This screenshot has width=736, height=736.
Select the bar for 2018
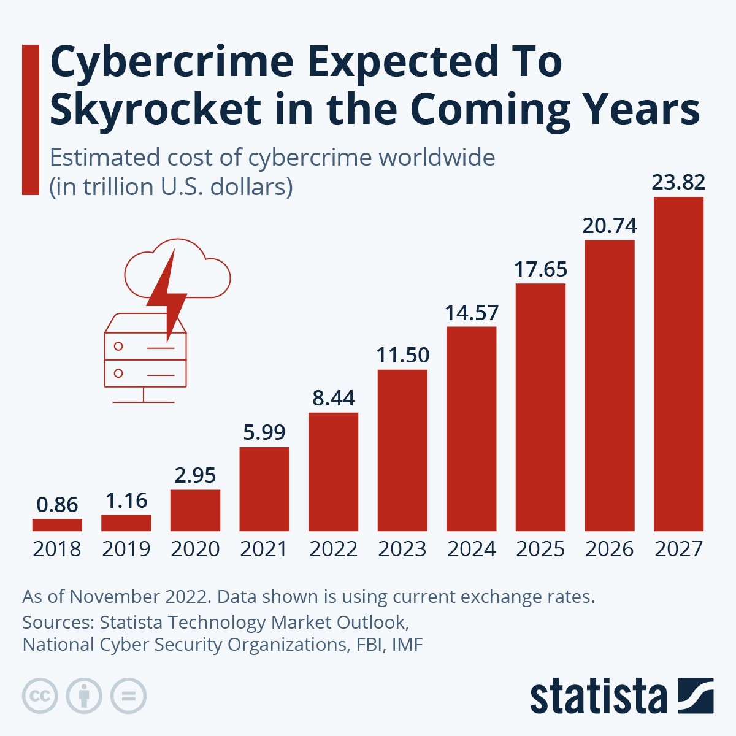tap(57, 525)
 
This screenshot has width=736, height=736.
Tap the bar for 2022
tap(333, 472)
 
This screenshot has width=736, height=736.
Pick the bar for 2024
tap(471, 429)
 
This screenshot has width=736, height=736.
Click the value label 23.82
tap(678, 182)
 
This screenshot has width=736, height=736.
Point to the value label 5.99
tap(264, 432)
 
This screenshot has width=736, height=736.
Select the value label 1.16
tap(126, 500)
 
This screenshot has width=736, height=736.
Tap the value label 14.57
tap(471, 313)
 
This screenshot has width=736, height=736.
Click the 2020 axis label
tap(195, 549)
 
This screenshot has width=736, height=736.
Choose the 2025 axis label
tap(540, 549)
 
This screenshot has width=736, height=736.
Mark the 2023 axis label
tap(402, 549)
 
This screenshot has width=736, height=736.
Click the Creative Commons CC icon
tap(40, 696)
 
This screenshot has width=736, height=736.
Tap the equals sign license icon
tap(128, 696)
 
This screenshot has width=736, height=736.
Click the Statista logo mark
tap(696, 696)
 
